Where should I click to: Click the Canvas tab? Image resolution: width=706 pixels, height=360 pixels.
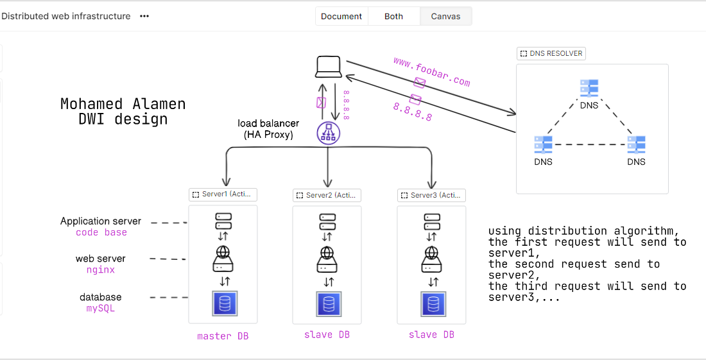(x=445, y=16)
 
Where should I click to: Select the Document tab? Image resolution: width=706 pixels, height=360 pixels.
(x=341, y=16)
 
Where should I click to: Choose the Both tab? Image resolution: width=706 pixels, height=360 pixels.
(x=393, y=16)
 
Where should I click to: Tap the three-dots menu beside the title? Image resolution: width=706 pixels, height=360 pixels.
(x=144, y=16)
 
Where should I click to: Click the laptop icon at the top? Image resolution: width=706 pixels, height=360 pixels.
(x=329, y=67)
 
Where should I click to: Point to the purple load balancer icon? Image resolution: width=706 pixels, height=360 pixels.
(x=328, y=133)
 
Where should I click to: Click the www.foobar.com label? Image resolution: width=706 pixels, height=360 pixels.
(x=431, y=71)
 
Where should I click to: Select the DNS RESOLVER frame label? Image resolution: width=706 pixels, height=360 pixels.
(x=551, y=53)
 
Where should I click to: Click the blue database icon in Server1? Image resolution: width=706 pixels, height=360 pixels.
(x=224, y=304)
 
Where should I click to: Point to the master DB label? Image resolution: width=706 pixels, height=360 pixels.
(x=223, y=336)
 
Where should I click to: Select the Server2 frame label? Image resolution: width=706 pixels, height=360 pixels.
(x=327, y=195)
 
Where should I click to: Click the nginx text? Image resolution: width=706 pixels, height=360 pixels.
(x=101, y=270)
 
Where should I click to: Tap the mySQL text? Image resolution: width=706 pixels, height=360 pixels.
(x=101, y=309)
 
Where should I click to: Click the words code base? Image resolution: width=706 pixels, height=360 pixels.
(x=101, y=232)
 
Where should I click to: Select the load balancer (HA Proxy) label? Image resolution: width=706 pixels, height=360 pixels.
(x=268, y=129)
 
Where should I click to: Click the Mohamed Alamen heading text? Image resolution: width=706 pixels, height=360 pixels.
(x=123, y=104)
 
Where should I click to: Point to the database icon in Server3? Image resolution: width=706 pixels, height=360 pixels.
(x=433, y=304)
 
